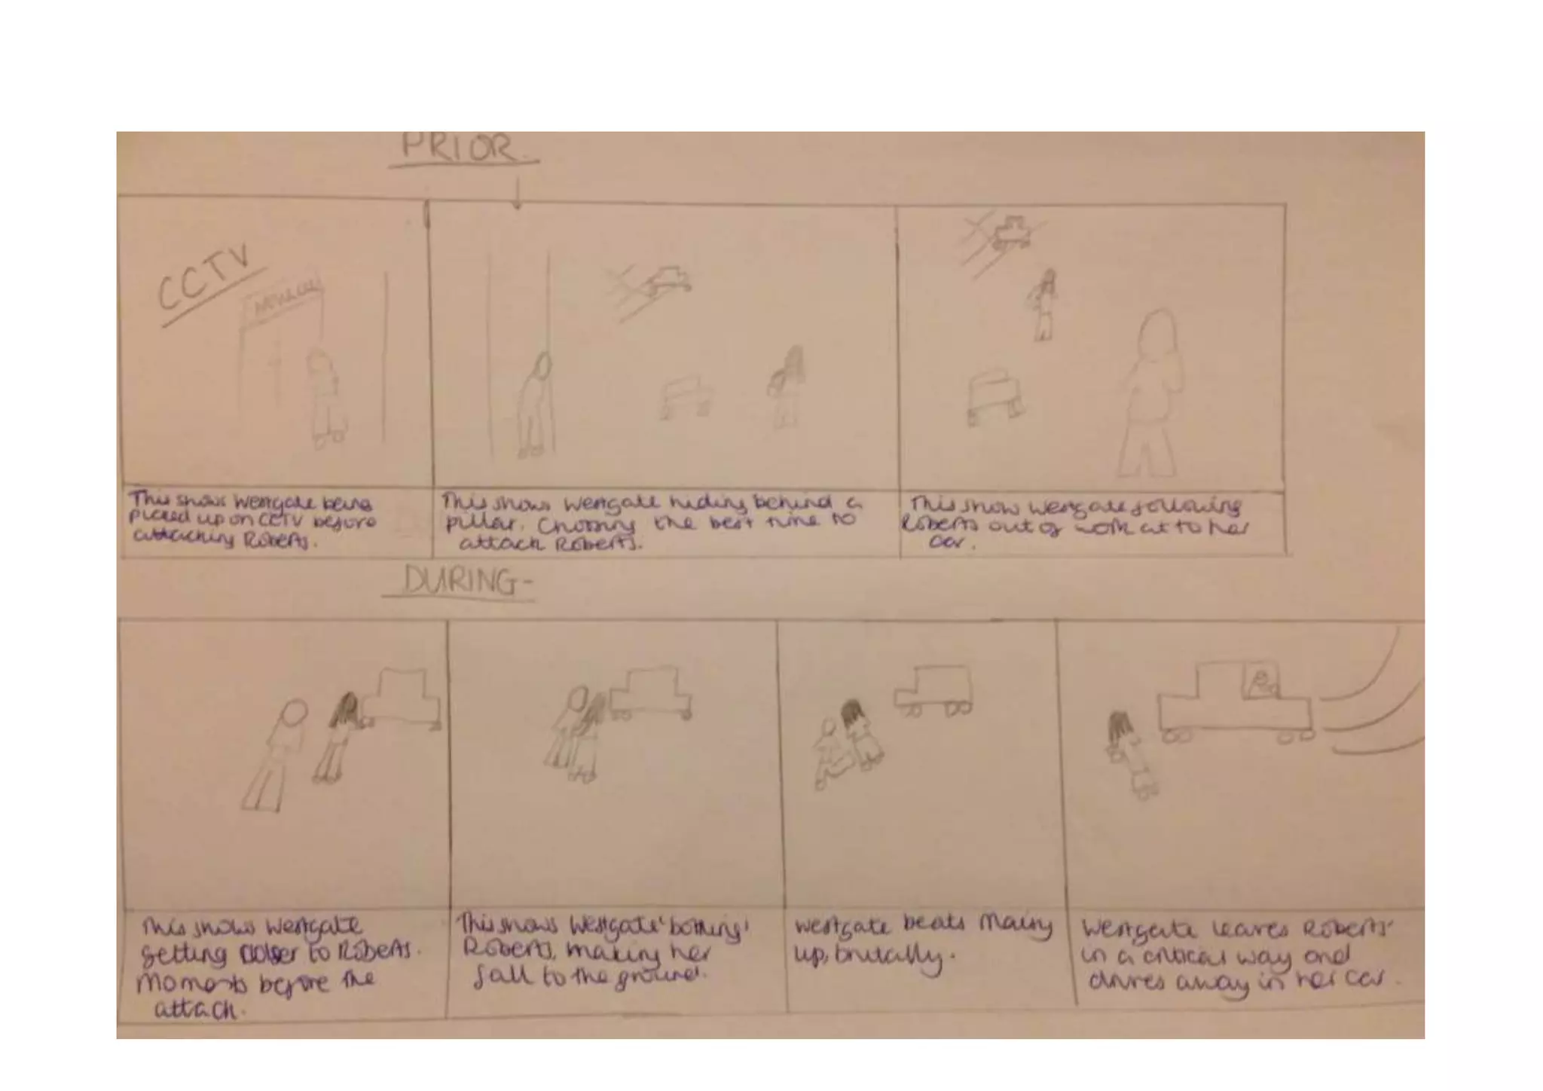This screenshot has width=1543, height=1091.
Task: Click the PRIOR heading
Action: pyautogui.click(x=461, y=148)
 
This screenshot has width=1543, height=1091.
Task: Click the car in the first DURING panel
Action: pyautogui.click(x=402, y=698)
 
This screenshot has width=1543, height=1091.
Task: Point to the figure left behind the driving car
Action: pyautogui.click(x=1124, y=753)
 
